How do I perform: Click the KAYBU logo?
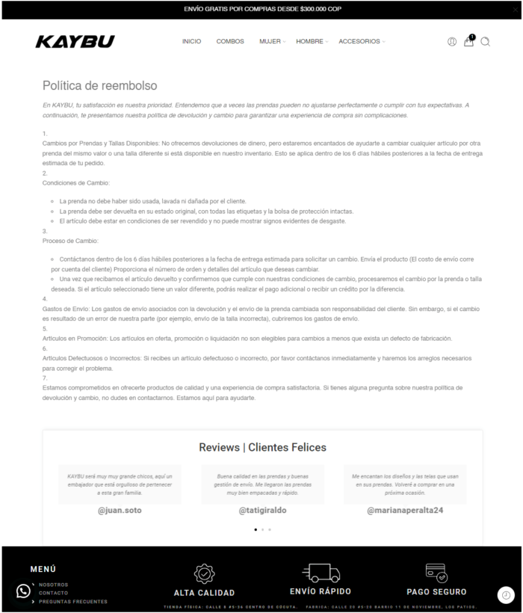75,42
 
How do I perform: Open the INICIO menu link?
191,42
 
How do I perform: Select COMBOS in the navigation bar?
230,42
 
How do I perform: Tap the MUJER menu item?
270,42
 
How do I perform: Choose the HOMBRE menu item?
310,42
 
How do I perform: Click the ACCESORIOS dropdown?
360,42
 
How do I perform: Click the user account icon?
452,42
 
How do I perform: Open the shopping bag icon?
468,42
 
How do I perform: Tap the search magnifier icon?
485,42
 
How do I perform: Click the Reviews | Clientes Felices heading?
262,448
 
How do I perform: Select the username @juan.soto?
120,511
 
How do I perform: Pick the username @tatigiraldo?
262,511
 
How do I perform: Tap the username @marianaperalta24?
405,511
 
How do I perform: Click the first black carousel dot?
256,529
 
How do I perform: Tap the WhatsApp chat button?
23,591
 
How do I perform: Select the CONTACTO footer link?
54,593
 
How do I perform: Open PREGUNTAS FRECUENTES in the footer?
73,601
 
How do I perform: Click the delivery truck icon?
321,573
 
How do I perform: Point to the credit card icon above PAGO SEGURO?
436,573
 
